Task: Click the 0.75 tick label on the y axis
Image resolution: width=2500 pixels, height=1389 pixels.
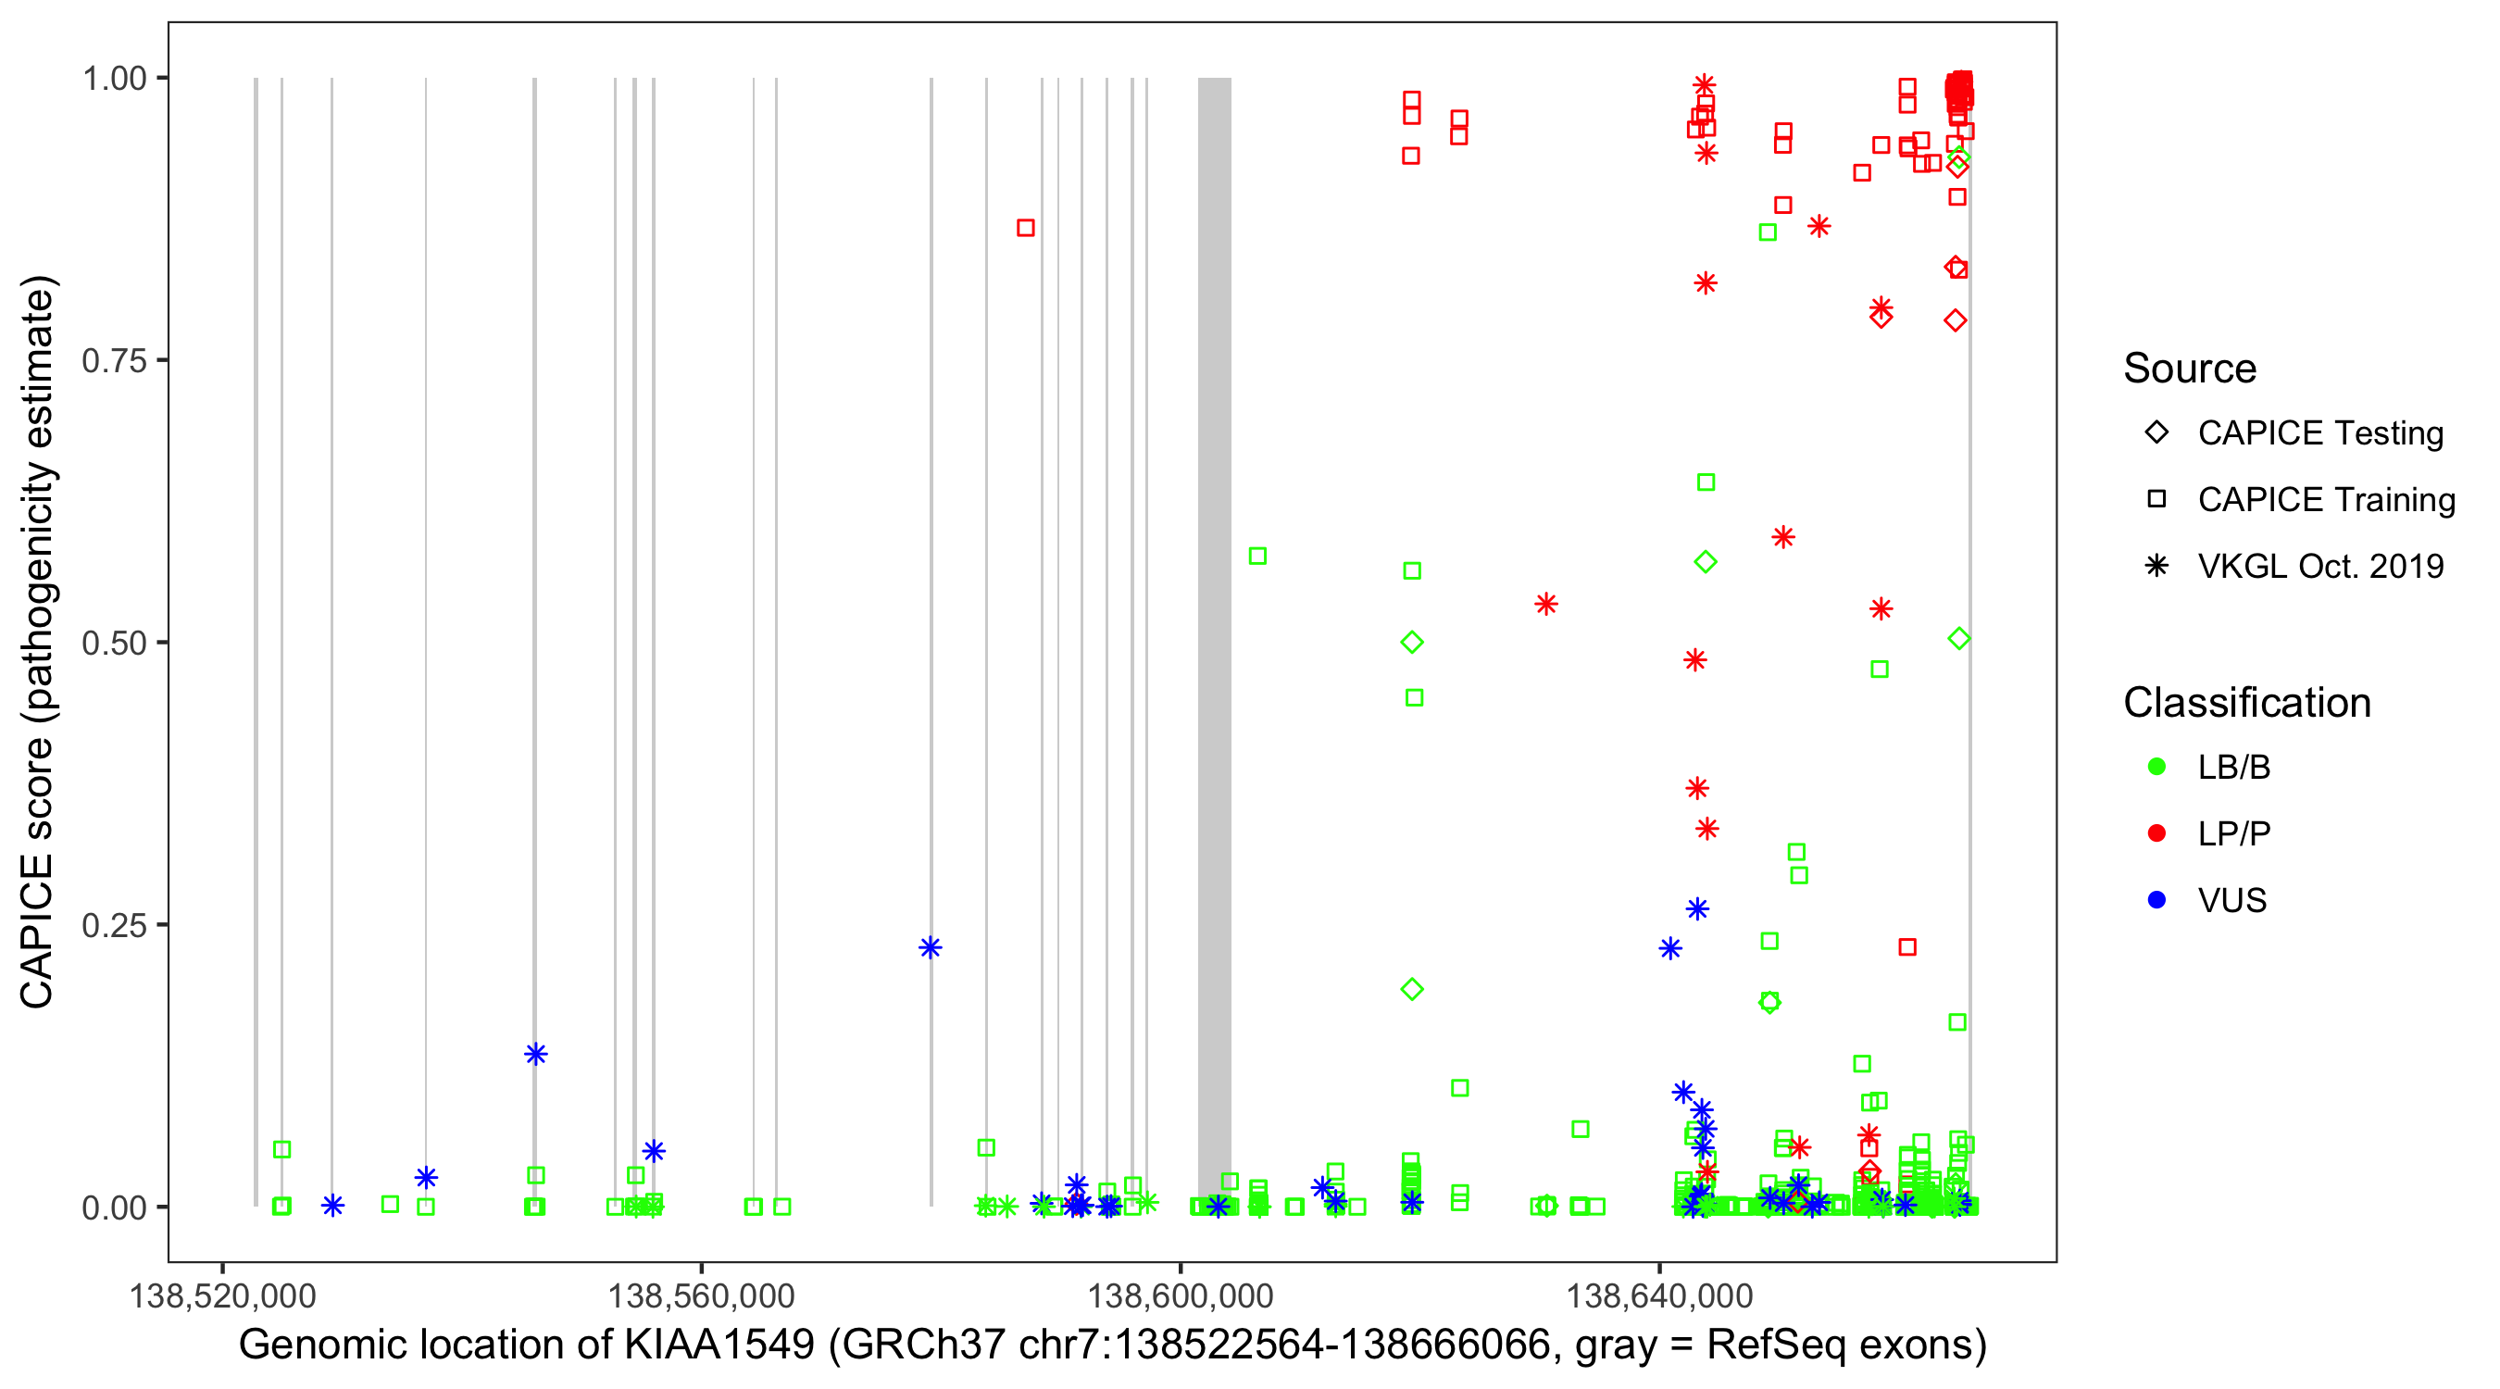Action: [x=114, y=361]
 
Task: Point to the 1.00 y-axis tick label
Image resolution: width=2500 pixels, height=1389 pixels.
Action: [x=114, y=79]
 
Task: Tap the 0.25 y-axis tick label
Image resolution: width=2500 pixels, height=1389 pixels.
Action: [x=114, y=925]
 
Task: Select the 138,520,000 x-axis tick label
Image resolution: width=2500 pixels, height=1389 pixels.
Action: [x=222, y=1295]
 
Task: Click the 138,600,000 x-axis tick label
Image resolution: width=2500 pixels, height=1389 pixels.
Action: [x=1181, y=1295]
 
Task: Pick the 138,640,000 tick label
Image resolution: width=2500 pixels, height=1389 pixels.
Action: [x=1659, y=1295]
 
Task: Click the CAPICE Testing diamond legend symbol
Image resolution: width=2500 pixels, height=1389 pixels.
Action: [x=2156, y=433]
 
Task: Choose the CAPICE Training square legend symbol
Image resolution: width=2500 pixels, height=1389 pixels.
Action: [x=2156, y=500]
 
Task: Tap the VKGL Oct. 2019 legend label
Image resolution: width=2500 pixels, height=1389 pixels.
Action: [x=2320, y=567]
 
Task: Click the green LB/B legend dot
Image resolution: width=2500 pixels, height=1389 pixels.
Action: [x=2156, y=768]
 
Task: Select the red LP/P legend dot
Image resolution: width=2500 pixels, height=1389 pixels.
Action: [x=2156, y=833]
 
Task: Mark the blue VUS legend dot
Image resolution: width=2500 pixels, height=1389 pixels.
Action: [x=2156, y=901]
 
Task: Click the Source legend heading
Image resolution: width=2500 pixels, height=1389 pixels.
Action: [x=2190, y=369]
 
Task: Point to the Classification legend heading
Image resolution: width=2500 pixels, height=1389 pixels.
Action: [x=2246, y=703]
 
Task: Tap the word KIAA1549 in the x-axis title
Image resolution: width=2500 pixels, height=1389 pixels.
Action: [x=719, y=1345]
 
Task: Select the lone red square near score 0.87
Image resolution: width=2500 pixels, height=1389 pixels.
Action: [x=1026, y=228]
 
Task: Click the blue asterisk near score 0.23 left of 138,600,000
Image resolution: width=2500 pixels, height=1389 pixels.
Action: [x=931, y=948]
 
